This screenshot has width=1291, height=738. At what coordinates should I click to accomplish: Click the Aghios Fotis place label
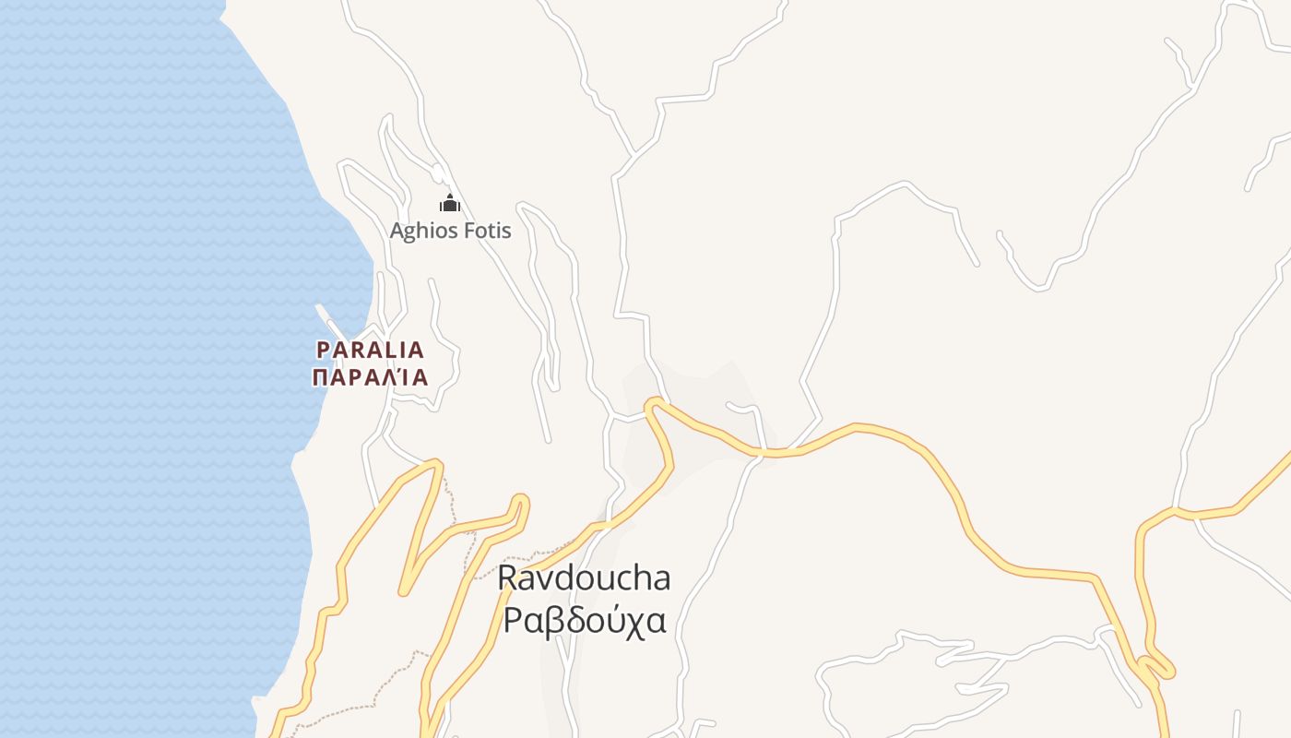click(x=450, y=231)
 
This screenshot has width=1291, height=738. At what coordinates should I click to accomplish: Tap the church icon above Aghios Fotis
click(x=450, y=204)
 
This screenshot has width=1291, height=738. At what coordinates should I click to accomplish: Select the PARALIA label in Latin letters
click(x=371, y=351)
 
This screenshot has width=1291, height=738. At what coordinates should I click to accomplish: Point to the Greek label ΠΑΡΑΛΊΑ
click(x=371, y=377)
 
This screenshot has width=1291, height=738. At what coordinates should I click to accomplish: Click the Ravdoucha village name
click(x=584, y=578)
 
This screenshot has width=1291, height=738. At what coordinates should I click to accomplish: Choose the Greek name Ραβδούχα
click(x=584, y=621)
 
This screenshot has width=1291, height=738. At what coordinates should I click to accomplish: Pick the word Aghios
click(x=418, y=231)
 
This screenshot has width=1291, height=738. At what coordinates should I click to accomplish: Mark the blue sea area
click(x=138, y=369)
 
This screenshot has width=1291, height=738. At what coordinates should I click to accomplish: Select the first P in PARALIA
click(x=323, y=351)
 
